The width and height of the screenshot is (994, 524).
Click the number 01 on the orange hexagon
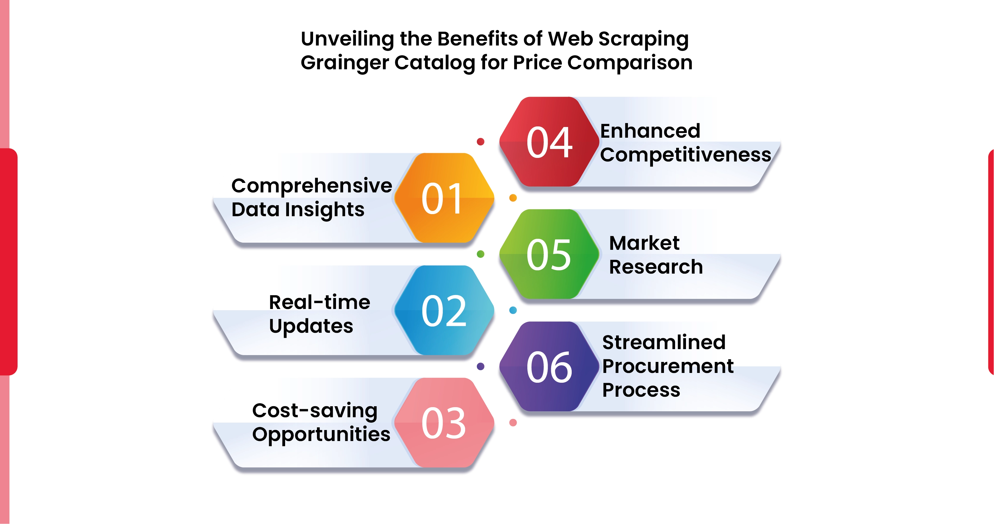[443, 199]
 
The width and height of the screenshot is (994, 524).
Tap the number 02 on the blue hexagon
[444, 311]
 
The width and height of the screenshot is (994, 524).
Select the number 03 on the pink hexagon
[444, 423]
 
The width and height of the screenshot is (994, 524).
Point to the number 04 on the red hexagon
[549, 143]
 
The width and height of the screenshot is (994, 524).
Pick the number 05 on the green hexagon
[549, 255]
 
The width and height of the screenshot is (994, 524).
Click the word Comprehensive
[311, 186]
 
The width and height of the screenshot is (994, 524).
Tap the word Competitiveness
[685, 155]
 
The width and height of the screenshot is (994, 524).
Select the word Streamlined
[664, 342]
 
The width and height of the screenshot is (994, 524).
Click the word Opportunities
[321, 435]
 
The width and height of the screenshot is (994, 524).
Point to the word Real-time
[320, 302]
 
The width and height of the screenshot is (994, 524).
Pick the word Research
[656, 267]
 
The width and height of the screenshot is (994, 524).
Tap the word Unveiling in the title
[347, 39]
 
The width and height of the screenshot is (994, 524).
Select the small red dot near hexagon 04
[480, 142]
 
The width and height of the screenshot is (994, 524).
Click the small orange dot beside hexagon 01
[513, 198]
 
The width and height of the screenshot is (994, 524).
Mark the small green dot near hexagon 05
[480, 254]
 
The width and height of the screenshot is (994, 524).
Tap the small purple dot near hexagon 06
[480, 366]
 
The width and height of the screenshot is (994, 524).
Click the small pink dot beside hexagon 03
[513, 423]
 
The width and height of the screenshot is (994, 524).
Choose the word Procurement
[668, 366]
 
